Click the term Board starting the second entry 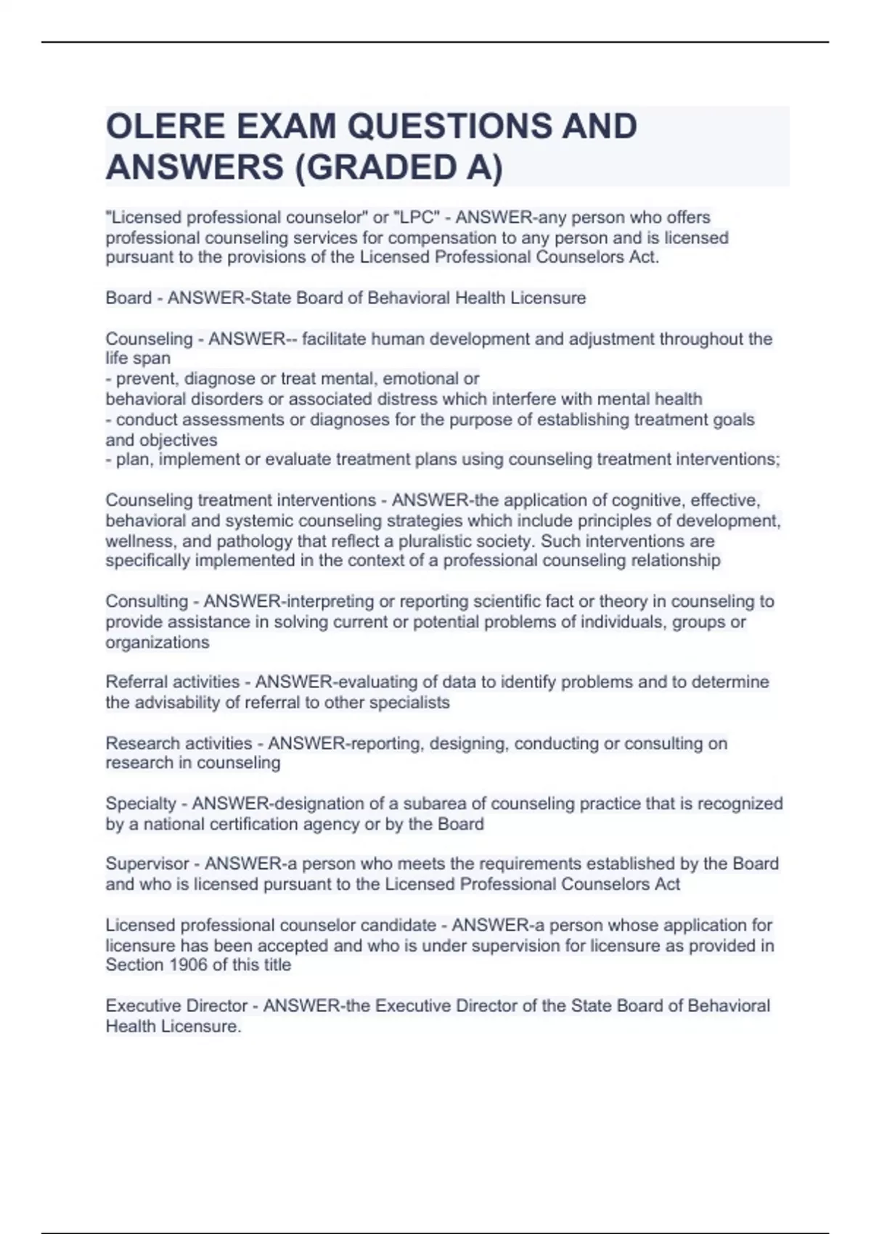pos(128,298)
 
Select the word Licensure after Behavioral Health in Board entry pos(550,298)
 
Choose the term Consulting pos(147,602)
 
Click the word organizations pos(158,642)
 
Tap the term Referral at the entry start pos(136,682)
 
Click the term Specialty pos(141,804)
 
